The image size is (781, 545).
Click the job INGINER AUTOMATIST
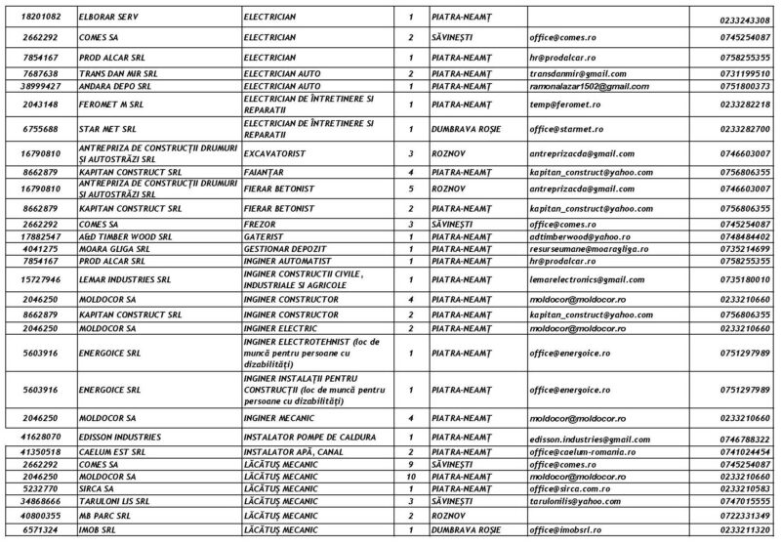click(x=290, y=262)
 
